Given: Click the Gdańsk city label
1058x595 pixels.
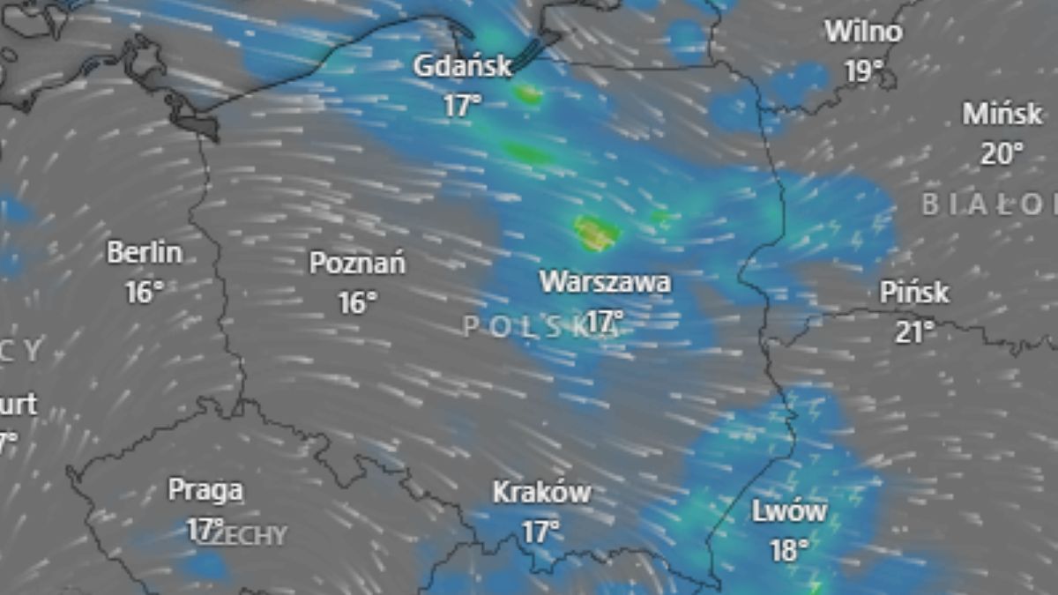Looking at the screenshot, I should [x=463, y=66].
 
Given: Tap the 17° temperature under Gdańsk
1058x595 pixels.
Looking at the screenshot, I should [x=462, y=106].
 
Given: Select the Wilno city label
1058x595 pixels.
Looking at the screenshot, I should [x=863, y=32].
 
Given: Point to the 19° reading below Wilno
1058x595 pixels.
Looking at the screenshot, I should [x=864, y=71].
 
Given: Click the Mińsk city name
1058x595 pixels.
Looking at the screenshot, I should [x=1002, y=114].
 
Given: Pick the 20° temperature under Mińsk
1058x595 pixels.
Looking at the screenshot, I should [x=1002, y=153].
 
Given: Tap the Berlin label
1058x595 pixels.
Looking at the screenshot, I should [x=145, y=252].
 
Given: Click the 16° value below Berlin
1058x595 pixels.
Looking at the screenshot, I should [x=145, y=292].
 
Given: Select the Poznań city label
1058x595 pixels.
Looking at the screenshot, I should [x=357, y=263].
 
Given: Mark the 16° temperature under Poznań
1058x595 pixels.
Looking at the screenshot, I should [x=357, y=302].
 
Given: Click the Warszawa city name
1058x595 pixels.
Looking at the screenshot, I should [x=605, y=282].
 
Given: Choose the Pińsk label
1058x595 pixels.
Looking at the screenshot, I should [x=914, y=292].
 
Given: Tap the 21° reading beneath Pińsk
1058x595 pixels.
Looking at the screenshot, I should [x=914, y=331].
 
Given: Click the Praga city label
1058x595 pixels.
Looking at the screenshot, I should [x=205, y=489].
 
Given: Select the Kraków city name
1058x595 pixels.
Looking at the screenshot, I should [x=541, y=492].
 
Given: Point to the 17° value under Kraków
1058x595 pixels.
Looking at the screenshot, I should [x=541, y=532].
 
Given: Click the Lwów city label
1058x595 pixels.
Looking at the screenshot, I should [x=789, y=511].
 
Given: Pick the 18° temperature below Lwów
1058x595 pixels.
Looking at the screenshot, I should [x=789, y=551].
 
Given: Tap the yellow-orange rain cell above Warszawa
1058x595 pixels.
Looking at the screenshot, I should [x=596, y=233].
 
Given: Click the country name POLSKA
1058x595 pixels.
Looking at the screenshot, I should [x=538, y=326].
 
